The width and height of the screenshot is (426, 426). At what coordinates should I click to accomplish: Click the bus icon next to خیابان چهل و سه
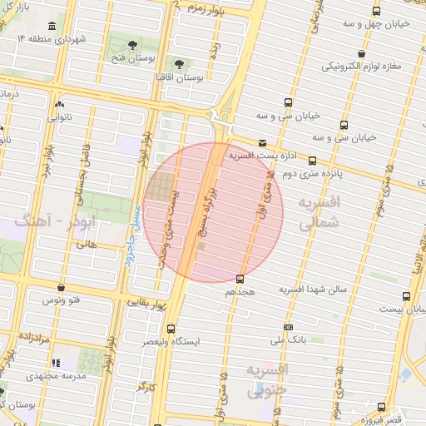377,11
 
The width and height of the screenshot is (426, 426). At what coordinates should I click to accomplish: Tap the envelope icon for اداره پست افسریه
263,142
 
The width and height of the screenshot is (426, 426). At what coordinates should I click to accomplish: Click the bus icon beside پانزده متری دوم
313,160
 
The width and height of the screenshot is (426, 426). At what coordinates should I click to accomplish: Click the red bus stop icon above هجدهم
240,279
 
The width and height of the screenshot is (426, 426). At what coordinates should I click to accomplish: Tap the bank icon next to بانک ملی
288,327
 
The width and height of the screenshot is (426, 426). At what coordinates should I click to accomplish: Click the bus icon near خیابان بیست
406,296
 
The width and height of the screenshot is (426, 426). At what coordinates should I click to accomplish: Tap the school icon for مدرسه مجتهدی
56,364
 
